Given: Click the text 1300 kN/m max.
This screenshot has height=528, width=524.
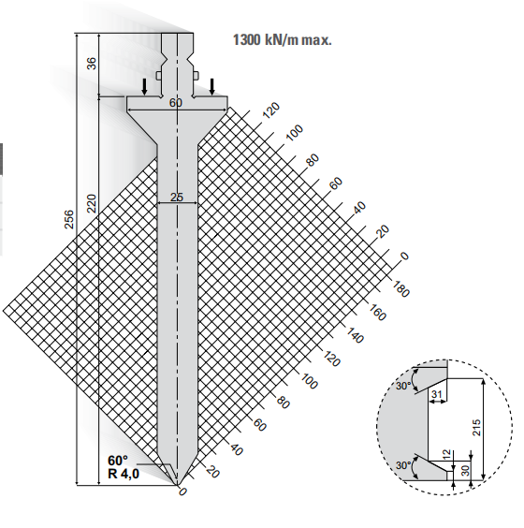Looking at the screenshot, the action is (x=282, y=39).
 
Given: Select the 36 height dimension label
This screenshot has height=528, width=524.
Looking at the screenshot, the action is (x=91, y=64).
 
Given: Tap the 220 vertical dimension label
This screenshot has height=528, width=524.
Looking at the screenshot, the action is (x=92, y=203).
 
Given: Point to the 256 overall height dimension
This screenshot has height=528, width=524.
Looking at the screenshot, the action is (x=68, y=219).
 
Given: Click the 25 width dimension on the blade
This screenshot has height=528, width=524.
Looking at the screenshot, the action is (x=177, y=197).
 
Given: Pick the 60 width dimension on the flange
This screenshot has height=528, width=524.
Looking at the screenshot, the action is (x=176, y=103).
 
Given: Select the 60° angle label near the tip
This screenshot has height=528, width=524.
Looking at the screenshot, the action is (x=118, y=460).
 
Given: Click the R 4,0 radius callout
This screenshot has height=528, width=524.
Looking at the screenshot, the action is (x=124, y=474).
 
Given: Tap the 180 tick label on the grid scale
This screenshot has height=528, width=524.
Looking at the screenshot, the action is (x=400, y=288).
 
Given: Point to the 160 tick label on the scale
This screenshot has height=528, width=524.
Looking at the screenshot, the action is (x=377, y=312).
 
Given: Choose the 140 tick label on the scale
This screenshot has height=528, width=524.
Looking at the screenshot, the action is (x=355, y=335).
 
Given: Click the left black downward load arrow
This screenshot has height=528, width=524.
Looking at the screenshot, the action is (x=144, y=86).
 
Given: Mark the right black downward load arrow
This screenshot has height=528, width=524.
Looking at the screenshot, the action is (x=211, y=86).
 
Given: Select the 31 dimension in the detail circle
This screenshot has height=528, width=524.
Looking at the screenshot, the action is (x=436, y=393).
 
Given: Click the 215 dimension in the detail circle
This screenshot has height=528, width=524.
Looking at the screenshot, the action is (x=476, y=427).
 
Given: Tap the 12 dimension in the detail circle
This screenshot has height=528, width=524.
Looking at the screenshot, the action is (x=446, y=454).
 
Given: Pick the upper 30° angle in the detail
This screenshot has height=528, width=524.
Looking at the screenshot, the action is (x=403, y=385).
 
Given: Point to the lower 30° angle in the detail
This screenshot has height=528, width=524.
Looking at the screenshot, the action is (x=403, y=465).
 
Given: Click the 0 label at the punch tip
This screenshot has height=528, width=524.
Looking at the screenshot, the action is (x=182, y=492).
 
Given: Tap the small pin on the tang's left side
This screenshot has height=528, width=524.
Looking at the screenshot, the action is (x=158, y=76).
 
